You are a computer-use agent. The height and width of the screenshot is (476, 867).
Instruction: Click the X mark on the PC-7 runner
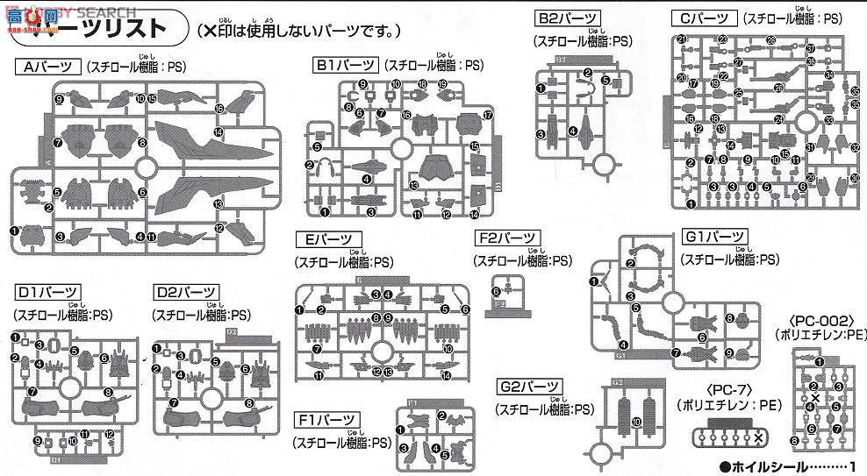pyautogui.click(x=758, y=437)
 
